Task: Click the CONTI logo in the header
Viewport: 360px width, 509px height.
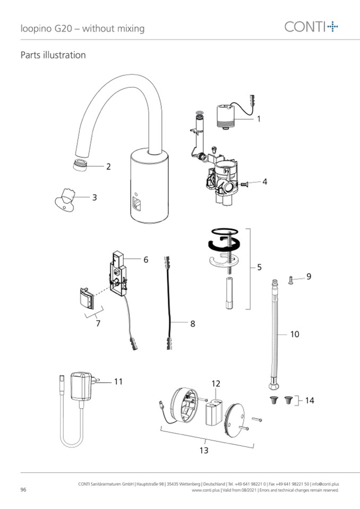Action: [311, 27]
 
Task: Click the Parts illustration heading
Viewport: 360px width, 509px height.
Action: [53, 55]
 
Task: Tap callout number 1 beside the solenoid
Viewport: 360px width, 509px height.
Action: [259, 119]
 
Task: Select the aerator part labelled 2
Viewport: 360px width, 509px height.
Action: [80, 165]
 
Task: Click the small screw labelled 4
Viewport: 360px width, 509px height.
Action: [244, 184]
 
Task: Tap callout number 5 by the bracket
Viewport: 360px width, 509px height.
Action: [259, 267]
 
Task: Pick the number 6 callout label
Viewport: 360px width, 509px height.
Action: [146, 260]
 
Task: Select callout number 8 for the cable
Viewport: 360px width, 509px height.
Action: [193, 324]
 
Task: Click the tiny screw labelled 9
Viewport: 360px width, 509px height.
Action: [290, 279]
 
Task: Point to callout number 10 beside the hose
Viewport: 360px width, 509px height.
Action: [295, 334]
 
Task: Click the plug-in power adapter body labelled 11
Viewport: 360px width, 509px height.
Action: [81, 386]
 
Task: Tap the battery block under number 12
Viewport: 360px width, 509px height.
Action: [213, 412]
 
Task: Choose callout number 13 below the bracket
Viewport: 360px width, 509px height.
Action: [204, 450]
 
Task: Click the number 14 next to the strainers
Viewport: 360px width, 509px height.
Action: [310, 400]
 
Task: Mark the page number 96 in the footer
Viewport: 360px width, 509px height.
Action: [23, 489]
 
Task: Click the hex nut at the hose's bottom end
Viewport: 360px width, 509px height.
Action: [273, 386]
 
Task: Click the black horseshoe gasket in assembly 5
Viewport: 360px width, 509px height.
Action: [224, 244]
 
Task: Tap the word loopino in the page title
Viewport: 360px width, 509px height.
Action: [36, 29]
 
